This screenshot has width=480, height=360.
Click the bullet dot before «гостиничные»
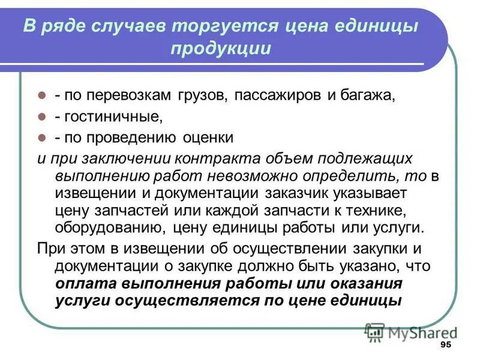coord(42,116)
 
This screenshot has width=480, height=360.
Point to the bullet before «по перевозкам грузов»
coord(42,95)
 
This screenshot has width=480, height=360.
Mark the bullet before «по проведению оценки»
coord(42,137)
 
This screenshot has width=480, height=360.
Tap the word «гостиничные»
coord(112,116)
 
